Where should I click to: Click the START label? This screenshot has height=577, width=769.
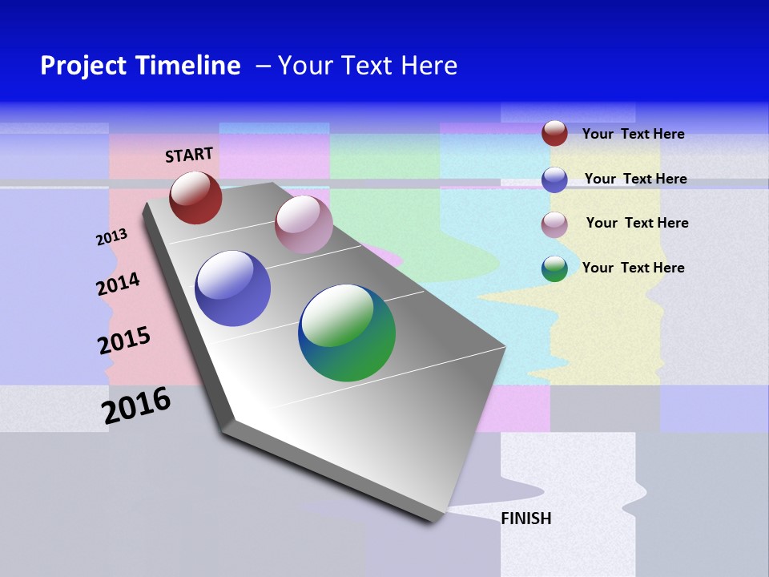pyautogui.click(x=189, y=154)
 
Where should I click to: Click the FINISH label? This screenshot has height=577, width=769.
pyautogui.click(x=525, y=518)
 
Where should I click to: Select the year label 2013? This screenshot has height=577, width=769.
pyautogui.click(x=111, y=237)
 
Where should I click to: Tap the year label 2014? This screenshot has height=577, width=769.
pyautogui.click(x=118, y=284)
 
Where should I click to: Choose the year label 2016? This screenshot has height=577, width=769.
pyautogui.click(x=136, y=406)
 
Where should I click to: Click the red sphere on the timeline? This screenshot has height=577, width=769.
pyautogui.click(x=195, y=197)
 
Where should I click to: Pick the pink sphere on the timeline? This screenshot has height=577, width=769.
pyautogui.click(x=304, y=224)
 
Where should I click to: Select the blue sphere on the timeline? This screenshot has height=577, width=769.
pyautogui.click(x=233, y=288)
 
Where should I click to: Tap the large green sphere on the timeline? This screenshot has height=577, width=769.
pyautogui.click(x=347, y=333)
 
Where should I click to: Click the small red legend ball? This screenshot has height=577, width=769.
pyautogui.click(x=554, y=133)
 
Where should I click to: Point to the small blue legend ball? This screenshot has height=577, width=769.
pyautogui.click(x=554, y=179)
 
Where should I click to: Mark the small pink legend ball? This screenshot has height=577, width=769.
pyautogui.click(x=554, y=224)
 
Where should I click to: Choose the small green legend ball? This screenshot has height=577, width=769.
pyautogui.click(x=554, y=268)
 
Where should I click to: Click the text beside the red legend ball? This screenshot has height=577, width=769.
pyautogui.click(x=633, y=134)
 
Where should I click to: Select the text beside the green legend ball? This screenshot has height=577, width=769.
pyautogui.click(x=633, y=268)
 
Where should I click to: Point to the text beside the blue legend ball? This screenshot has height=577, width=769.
pyautogui.click(x=635, y=179)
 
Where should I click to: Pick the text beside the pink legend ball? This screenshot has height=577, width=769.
pyautogui.click(x=637, y=223)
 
